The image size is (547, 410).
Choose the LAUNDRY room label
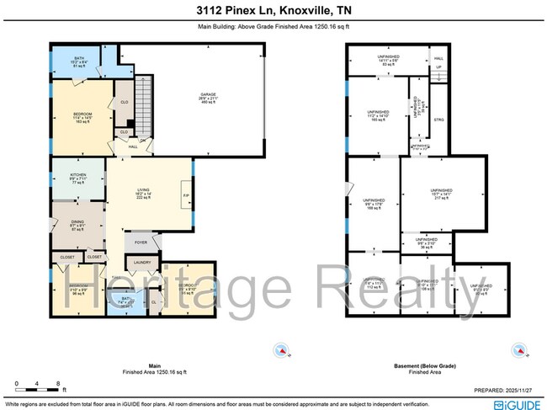coord(141,263)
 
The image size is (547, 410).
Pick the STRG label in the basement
coord(438,120)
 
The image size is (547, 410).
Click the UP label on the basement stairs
coord(438,67)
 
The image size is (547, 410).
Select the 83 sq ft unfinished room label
coord(387,60)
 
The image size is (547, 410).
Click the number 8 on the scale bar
coord(56,384)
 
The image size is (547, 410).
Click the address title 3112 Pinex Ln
coord(273,11)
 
